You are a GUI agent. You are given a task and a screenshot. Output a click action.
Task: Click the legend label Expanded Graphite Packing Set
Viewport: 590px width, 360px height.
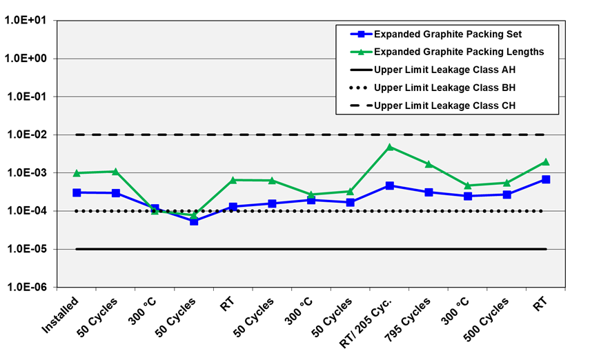point(447,34)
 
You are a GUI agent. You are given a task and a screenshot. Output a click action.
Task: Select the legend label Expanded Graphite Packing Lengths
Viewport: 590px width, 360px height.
point(459,52)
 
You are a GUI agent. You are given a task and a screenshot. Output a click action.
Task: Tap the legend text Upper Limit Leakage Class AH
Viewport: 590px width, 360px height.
point(444,70)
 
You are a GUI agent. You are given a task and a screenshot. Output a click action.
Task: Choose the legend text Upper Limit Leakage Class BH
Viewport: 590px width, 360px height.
point(444,88)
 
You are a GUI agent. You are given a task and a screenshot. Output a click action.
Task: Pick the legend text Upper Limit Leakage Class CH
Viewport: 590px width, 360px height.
point(444,106)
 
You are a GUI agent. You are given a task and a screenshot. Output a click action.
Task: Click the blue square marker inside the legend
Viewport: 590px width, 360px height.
point(361,34)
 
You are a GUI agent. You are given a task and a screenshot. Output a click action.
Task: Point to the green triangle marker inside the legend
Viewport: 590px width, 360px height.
point(361,52)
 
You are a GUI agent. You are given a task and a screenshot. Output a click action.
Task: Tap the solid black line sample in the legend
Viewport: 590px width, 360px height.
point(361,70)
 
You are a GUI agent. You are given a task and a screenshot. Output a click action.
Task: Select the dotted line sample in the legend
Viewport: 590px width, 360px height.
point(361,88)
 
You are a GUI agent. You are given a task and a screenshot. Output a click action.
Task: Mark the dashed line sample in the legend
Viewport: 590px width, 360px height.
point(361,106)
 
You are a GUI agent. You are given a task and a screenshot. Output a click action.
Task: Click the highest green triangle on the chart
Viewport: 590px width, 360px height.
point(390,147)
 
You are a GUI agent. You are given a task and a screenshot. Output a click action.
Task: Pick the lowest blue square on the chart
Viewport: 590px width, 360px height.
point(194,221)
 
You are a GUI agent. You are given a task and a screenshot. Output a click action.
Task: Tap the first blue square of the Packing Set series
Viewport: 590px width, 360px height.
point(77,192)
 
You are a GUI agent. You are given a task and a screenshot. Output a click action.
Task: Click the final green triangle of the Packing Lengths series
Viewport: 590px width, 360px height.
point(546,161)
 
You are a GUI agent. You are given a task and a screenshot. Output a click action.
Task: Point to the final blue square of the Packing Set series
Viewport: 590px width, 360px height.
point(546,179)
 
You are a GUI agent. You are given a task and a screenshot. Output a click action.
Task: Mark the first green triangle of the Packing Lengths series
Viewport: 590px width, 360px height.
point(77,172)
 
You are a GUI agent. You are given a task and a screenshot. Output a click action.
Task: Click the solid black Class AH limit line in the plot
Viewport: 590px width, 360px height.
point(311,249)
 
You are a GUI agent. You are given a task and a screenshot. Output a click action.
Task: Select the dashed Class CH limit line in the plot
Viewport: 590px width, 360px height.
point(311,134)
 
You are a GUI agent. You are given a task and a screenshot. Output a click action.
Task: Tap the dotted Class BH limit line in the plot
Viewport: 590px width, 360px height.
point(311,211)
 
